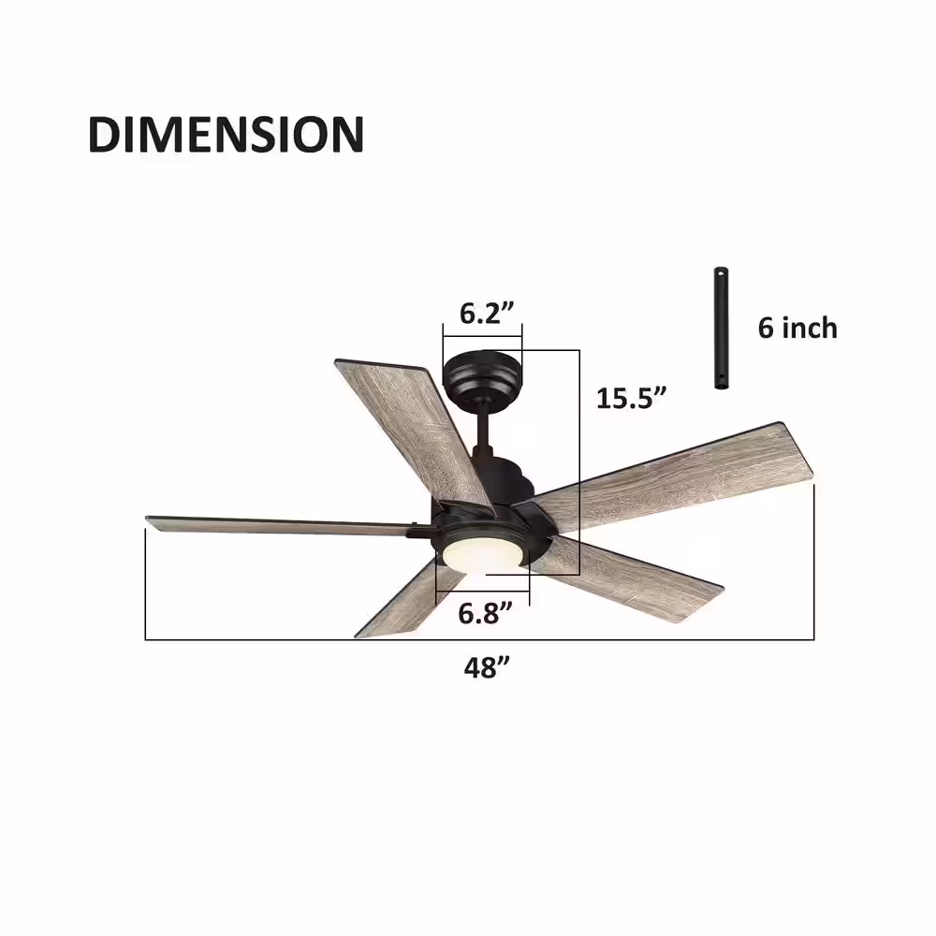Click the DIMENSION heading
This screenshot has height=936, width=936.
click(226, 134)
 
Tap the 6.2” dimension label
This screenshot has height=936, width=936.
click(487, 313)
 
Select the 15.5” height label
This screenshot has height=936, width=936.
click(630, 398)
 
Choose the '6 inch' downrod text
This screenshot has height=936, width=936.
click(797, 329)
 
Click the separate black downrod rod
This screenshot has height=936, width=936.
click(721, 329)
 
